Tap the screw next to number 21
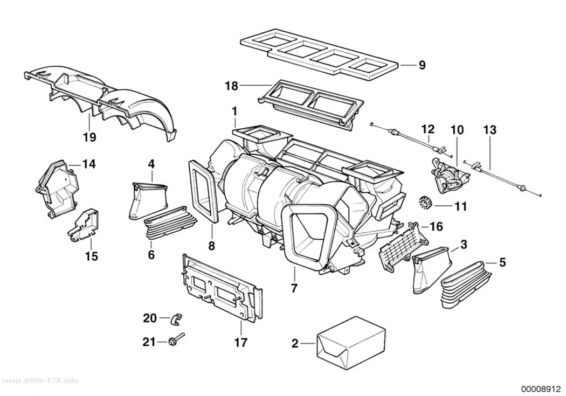pyautogui.click(x=176, y=339)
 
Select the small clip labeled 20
pyautogui.click(x=176, y=318)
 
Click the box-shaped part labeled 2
pyautogui.click(x=350, y=339)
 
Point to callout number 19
pyautogui.click(x=89, y=137)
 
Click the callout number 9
pyautogui.click(x=422, y=65)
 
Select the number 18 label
pyautogui.click(x=231, y=86)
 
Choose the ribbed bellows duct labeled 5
pyautogui.click(x=466, y=284)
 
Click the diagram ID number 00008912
pyautogui.click(x=540, y=389)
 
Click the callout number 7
pyautogui.click(x=294, y=288)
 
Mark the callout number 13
pyautogui.click(x=490, y=130)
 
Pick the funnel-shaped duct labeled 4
pyautogui.click(x=148, y=200)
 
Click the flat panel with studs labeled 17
pyautogui.click(x=222, y=289)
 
